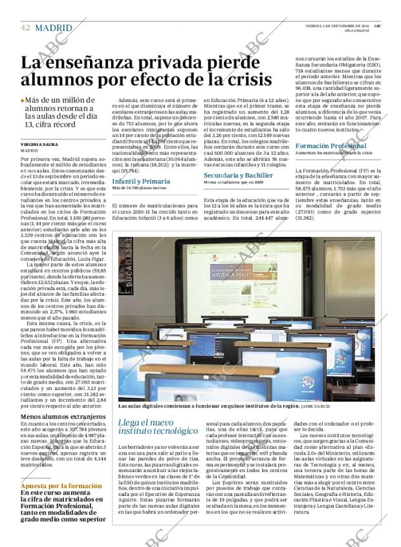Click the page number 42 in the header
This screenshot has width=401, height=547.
tap(25, 27)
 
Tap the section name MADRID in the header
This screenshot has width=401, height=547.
tap(54, 27)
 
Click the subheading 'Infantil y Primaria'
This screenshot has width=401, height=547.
tap(140, 182)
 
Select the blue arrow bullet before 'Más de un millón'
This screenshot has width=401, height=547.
tap(23, 101)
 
